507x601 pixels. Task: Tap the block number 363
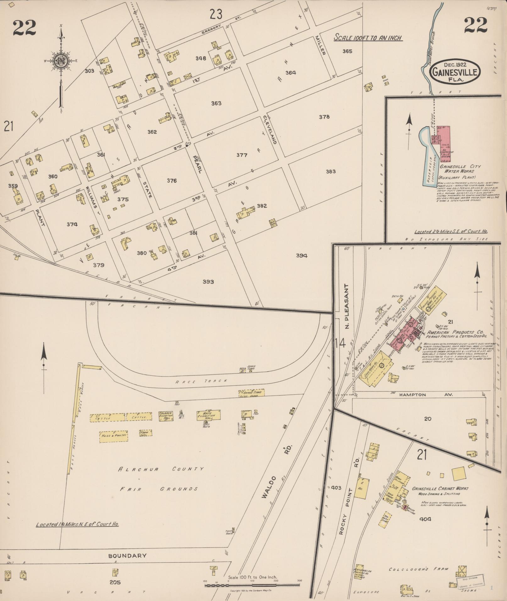tap(216, 103)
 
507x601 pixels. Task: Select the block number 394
tap(301, 255)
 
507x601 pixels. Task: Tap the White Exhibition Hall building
tap(208, 415)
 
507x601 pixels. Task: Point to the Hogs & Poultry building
tap(114, 436)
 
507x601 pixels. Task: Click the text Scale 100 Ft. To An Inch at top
tap(367, 38)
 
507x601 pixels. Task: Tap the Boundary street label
tap(127, 555)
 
